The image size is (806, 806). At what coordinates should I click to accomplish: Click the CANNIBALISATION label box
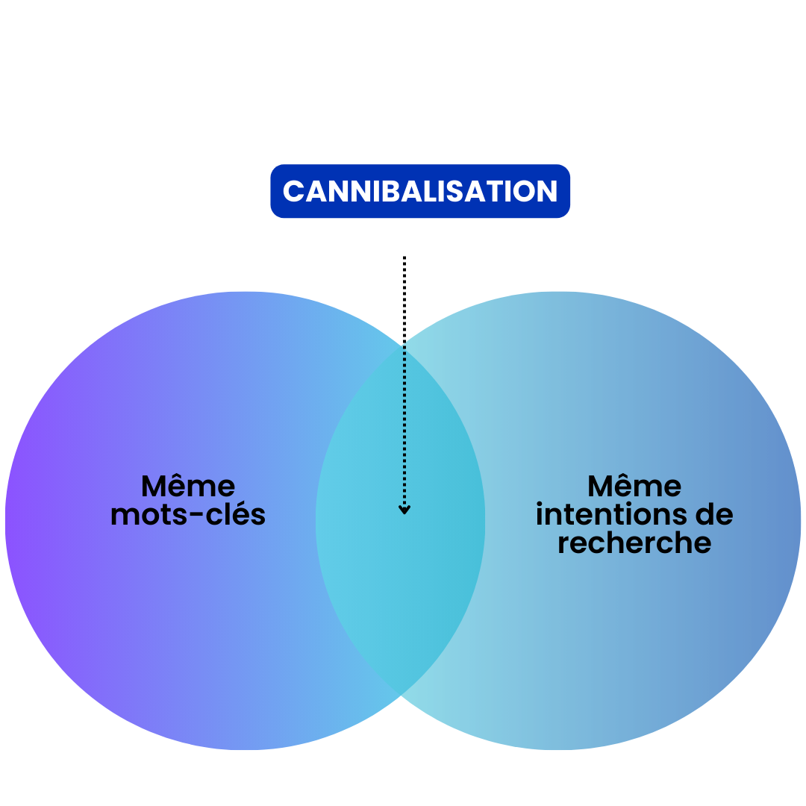tap(420, 191)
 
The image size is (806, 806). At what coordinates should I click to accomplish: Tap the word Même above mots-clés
tap(188, 487)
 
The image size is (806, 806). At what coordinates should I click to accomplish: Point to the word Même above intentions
tap(634, 487)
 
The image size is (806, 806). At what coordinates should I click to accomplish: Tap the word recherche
tap(634, 543)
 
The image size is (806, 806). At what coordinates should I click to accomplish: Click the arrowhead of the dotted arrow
tap(404, 510)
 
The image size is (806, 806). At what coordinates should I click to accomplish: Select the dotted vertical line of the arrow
tap(404, 425)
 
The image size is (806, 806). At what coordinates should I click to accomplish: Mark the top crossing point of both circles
tap(402, 346)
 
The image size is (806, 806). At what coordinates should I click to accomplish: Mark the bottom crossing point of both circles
tap(402, 696)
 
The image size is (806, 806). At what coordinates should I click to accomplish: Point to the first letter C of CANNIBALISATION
tap(292, 192)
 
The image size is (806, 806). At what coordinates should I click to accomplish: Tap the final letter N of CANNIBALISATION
tap(548, 192)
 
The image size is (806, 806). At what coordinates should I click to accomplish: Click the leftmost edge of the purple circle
tap(6, 521)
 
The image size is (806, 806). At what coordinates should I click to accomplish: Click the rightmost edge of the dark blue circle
tap(800, 521)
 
